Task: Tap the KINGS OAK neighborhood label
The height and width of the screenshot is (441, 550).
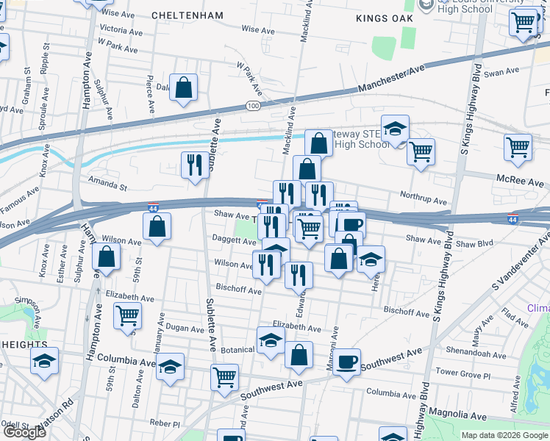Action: pyautogui.click(x=381, y=18)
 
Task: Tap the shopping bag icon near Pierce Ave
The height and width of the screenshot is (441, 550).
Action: pyautogui.click(x=184, y=87)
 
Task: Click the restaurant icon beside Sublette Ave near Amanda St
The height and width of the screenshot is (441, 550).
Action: pyautogui.click(x=195, y=164)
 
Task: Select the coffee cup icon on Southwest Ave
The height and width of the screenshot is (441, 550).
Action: pyautogui.click(x=346, y=362)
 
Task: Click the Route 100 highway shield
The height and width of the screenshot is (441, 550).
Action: pyautogui.click(x=254, y=107)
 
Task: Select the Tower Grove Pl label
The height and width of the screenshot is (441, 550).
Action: pyautogui.click(x=463, y=374)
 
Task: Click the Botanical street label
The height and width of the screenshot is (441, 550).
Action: pyautogui.click(x=237, y=350)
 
